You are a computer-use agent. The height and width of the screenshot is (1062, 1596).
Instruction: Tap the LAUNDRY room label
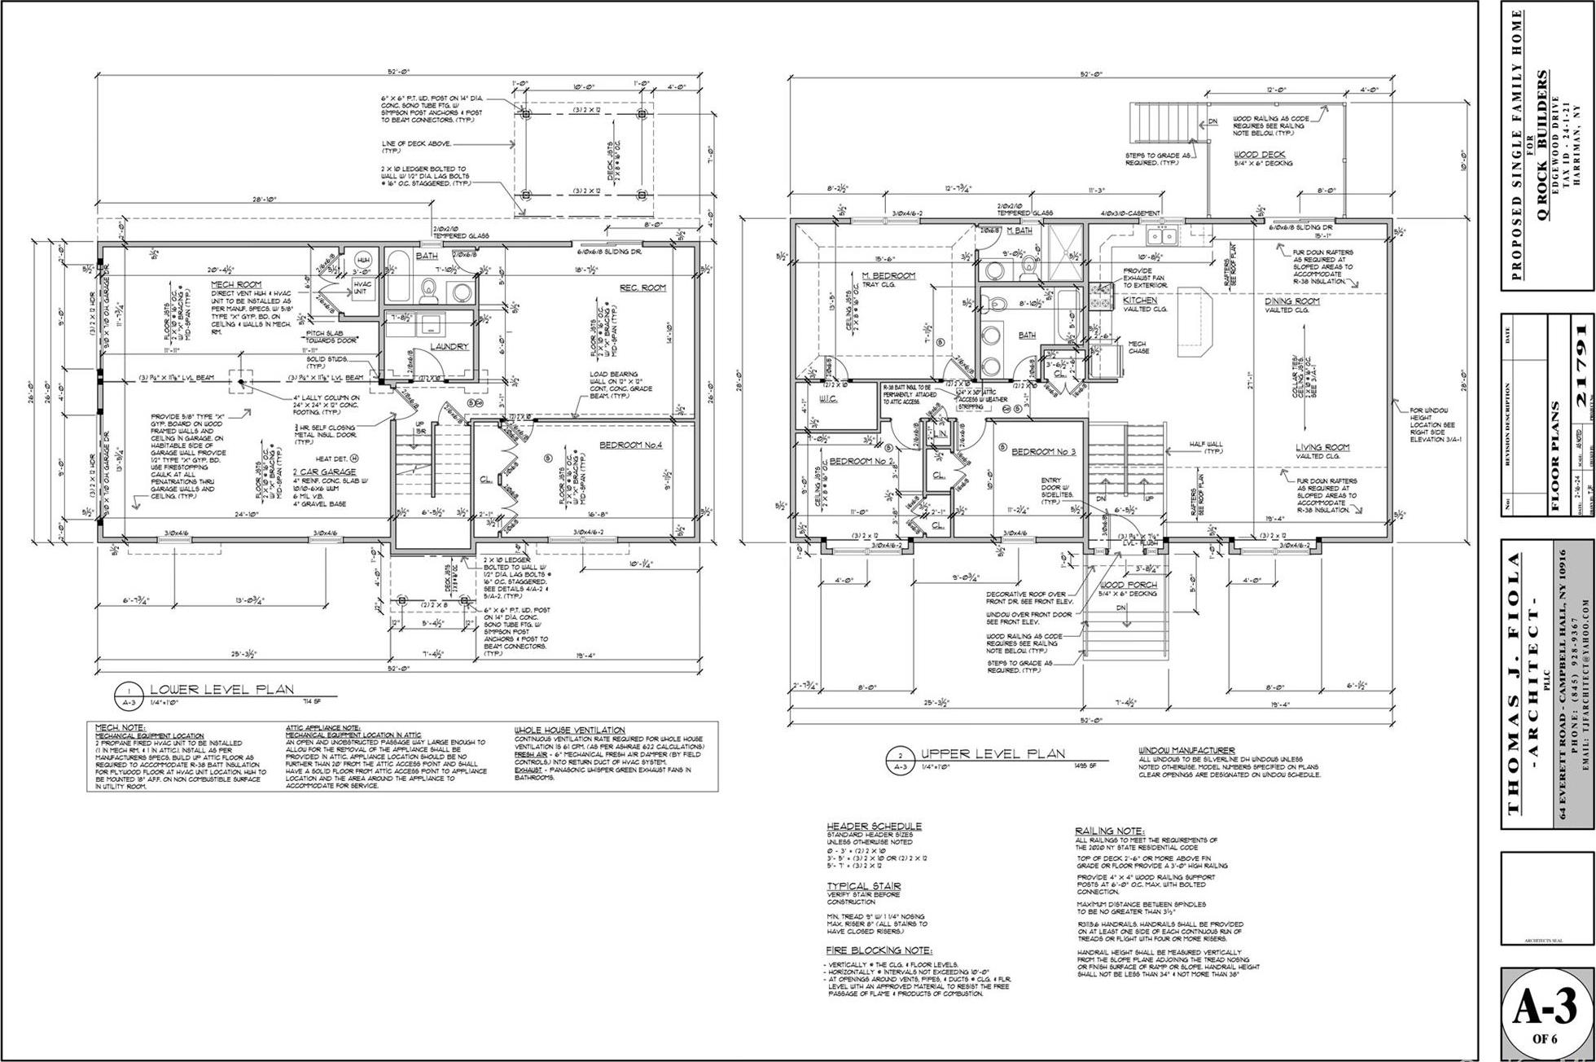pos(449,346)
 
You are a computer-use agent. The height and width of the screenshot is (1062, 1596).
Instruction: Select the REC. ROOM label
pos(642,287)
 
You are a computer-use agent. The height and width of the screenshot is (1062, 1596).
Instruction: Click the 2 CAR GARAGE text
pos(325,472)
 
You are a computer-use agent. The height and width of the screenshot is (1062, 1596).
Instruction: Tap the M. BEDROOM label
pos(894,275)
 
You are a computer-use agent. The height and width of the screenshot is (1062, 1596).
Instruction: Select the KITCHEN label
pos(1140,301)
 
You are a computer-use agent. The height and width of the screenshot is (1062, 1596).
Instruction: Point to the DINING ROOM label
pos(1292,301)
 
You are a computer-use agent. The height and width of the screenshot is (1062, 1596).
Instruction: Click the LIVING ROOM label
pos(1323,447)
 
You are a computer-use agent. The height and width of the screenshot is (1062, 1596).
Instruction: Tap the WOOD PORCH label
pos(1128,585)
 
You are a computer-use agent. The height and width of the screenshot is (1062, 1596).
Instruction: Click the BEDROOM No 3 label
pos(1044,451)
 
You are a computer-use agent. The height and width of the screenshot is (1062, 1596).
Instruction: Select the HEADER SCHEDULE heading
pos(874,826)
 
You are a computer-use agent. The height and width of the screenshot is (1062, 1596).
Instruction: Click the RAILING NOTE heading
pos(1110,830)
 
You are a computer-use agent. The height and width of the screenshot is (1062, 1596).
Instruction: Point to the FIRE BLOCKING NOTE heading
pos(879,950)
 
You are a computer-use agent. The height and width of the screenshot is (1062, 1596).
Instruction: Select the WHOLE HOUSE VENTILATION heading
pos(569,730)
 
